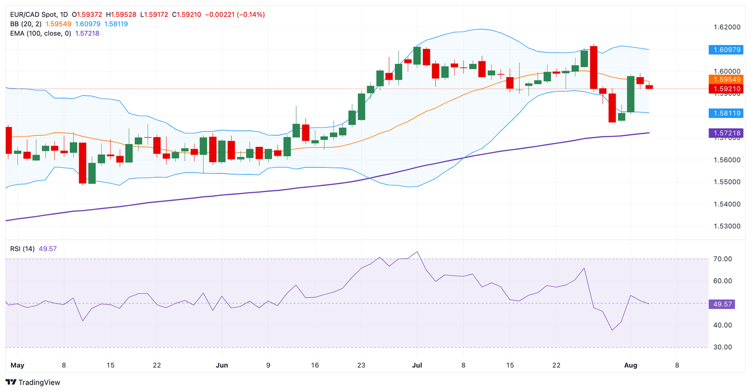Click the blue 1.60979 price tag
click(x=726, y=50)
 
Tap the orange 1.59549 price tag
click(x=726, y=79)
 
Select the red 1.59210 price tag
click(x=726, y=89)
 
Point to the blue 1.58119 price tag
click(x=726, y=113)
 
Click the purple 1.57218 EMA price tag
click(x=726, y=133)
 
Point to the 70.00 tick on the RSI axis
click(x=722, y=259)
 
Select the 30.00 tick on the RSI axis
click(x=722, y=347)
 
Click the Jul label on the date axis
click(x=417, y=365)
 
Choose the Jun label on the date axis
click(x=221, y=365)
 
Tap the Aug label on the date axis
click(x=631, y=365)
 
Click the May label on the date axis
click(x=17, y=365)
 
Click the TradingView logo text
click(x=33, y=382)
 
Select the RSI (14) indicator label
click(x=22, y=249)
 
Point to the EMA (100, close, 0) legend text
click(x=41, y=33)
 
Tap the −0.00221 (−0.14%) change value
click(x=235, y=15)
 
